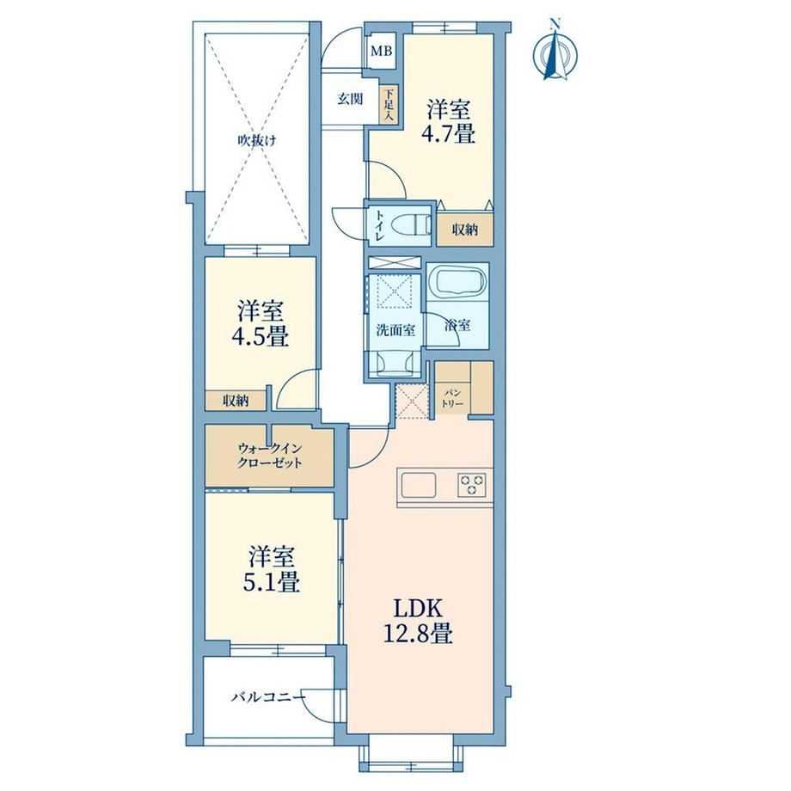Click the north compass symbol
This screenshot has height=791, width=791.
(x=555, y=52)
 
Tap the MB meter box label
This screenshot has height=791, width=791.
(x=382, y=51)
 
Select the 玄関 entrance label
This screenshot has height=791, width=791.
(x=350, y=98)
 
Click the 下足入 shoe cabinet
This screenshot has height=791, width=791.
(x=389, y=104)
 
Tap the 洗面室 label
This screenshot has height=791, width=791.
(x=396, y=330)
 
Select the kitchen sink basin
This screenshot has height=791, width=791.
(x=419, y=485)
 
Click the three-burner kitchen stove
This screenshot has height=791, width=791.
(x=472, y=485)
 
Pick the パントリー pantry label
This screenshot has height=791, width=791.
(x=452, y=398)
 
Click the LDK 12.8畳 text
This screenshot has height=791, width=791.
(x=418, y=621)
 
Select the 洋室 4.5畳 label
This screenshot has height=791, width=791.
(x=261, y=324)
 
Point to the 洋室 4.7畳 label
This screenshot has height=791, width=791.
(x=449, y=121)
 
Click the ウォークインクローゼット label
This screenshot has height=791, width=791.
(x=270, y=456)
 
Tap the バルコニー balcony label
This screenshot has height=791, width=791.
(x=268, y=697)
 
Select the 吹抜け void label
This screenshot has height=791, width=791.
(x=257, y=141)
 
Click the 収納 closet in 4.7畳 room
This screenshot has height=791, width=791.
(x=464, y=230)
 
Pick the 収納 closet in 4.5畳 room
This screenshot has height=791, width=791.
(x=236, y=401)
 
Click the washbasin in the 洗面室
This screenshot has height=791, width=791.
(x=394, y=363)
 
